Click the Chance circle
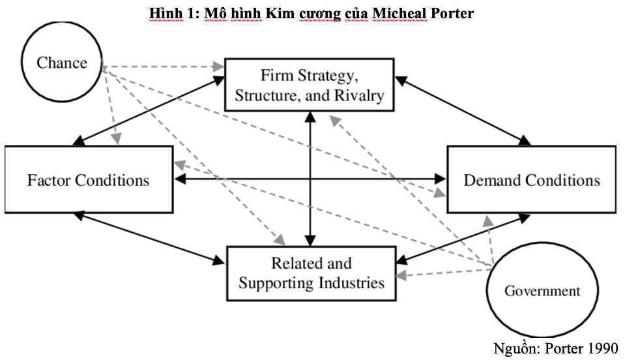pos(62,63)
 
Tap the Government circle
pos(542,291)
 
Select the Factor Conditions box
pos(89,180)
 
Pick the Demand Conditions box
pos(531,180)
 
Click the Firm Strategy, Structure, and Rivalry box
pos(310,85)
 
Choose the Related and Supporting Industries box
pos(311,273)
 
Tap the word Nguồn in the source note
pos(514,348)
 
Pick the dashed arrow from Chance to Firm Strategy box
pos(163,67)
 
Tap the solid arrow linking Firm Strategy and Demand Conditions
pos(463,111)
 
